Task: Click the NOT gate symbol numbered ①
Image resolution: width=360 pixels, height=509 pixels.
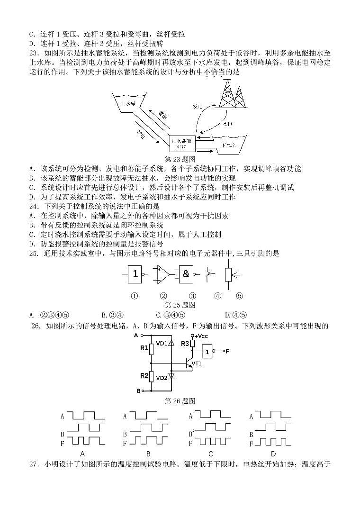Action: [x=135, y=273]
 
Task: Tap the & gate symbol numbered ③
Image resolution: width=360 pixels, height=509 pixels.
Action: [x=186, y=273]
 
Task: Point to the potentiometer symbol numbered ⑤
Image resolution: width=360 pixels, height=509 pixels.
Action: [x=229, y=274]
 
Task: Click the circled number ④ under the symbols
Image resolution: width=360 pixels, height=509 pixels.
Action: [x=217, y=296]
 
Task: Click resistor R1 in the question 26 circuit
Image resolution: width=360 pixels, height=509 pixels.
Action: [x=151, y=349]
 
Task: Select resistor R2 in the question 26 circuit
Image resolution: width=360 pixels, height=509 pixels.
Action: [x=151, y=376]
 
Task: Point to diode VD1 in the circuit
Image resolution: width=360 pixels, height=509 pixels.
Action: [x=171, y=343]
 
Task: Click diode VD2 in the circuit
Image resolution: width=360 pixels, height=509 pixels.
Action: [x=171, y=377]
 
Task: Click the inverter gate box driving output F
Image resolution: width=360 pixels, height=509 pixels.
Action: [x=207, y=351]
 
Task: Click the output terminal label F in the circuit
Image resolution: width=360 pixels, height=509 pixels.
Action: [x=227, y=351]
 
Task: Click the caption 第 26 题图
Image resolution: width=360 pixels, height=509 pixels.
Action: [x=180, y=401]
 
